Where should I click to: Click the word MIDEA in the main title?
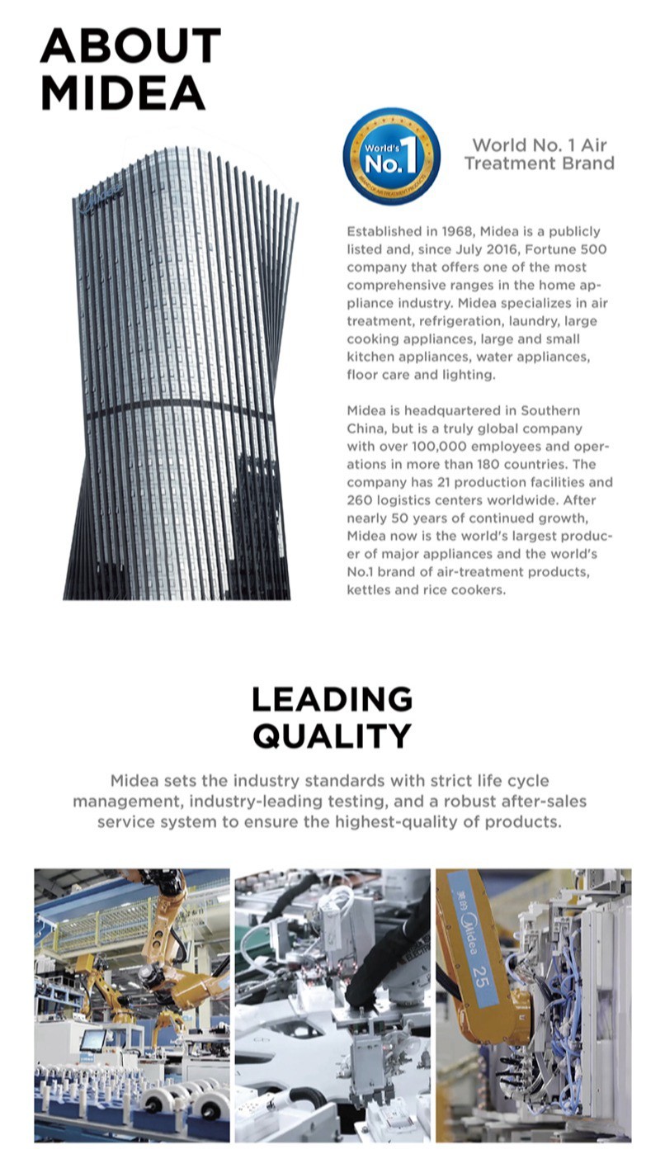(x=122, y=92)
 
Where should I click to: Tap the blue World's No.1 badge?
(x=391, y=155)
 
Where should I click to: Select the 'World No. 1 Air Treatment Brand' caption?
(x=539, y=154)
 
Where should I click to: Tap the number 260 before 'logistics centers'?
(x=360, y=500)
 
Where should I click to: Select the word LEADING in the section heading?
(x=332, y=699)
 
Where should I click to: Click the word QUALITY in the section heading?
(x=332, y=735)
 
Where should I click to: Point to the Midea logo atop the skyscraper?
(x=101, y=198)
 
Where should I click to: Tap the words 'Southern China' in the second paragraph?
(x=495, y=419)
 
